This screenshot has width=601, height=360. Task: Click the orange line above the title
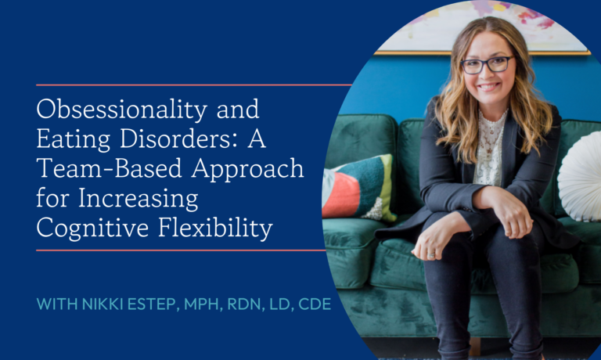click(193, 85)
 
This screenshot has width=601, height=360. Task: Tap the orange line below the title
click(180, 251)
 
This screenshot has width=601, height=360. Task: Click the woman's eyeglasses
click(486, 65)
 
